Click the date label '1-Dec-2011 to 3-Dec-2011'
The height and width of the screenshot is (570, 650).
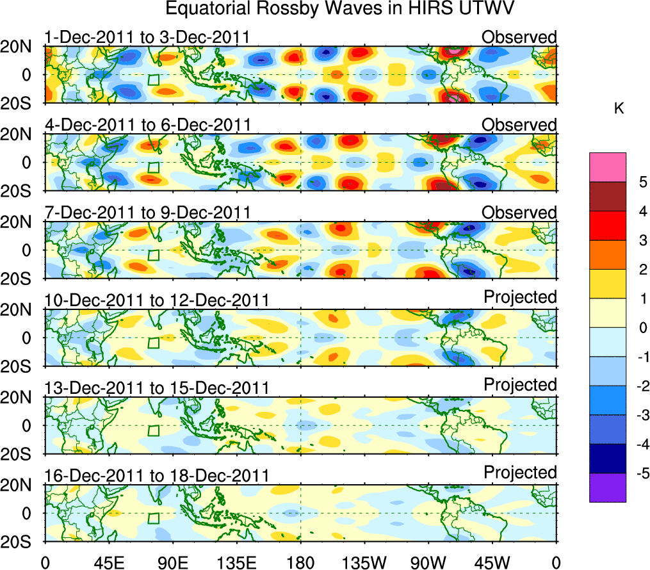pos(147,37)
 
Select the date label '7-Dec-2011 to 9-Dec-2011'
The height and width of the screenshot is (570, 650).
pos(147,213)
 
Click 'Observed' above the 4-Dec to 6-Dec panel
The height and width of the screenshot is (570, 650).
pos(519,125)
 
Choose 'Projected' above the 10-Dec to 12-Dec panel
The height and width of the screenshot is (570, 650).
pos(520,297)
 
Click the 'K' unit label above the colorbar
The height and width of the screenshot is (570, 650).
pos(619,110)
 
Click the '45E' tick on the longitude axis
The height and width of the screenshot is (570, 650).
pos(107,562)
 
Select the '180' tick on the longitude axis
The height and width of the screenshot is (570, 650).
pos(300,562)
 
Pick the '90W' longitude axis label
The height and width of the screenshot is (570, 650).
pos(428,562)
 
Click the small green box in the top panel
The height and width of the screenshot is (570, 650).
pos(153,80)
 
